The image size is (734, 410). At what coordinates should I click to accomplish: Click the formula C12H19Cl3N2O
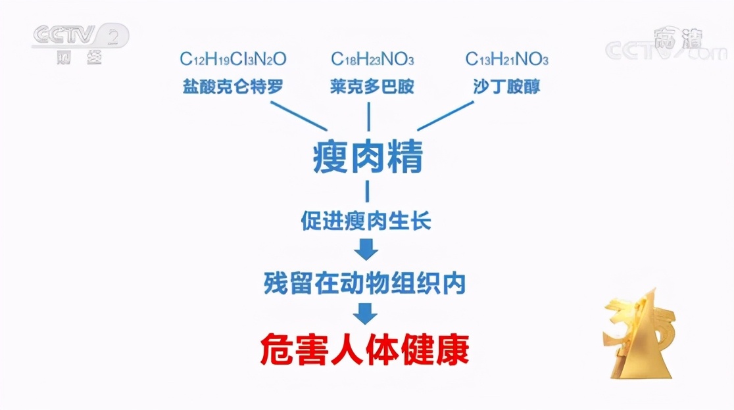tap(233, 59)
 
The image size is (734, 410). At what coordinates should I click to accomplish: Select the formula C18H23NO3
tap(372, 59)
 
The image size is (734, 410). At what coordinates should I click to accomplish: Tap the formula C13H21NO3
tap(507, 59)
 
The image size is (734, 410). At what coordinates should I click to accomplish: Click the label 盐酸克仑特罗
tap(233, 87)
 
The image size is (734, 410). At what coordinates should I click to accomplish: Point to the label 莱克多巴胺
tap(372, 87)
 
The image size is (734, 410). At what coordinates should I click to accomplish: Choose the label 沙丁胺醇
tap(507, 87)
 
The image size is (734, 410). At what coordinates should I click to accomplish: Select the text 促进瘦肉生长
tap(366, 221)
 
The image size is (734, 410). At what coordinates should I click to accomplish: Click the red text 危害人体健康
tap(365, 350)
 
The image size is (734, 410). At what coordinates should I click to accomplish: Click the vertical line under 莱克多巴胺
tap(367, 117)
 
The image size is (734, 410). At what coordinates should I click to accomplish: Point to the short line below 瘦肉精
tap(367, 191)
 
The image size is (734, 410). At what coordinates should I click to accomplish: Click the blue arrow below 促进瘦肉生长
tap(366, 250)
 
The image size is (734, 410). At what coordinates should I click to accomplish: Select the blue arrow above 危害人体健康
tap(366, 313)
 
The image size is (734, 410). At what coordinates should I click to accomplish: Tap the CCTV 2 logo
tap(80, 42)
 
